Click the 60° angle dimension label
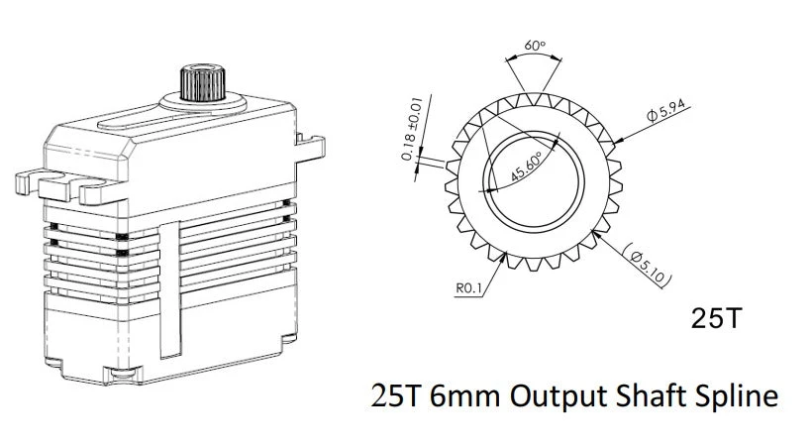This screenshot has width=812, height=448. (x=534, y=46)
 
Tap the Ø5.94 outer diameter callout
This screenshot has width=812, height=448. (x=666, y=113)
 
